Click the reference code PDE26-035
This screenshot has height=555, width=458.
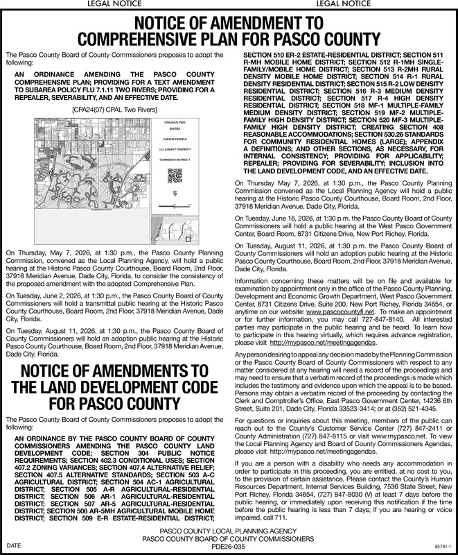[x=228, y=547]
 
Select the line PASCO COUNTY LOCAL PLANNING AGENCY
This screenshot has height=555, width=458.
[x=228, y=531]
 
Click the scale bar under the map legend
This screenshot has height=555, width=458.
[x=166, y=207]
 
